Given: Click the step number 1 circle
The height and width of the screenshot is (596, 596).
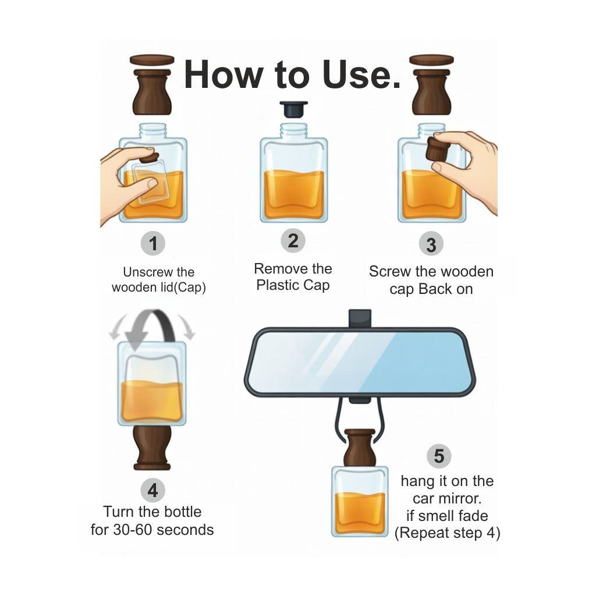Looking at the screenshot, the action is pos(153,243).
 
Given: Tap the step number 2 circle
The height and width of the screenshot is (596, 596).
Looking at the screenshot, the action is pos(293,240).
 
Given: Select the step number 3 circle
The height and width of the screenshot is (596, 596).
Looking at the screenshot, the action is pos(431,244).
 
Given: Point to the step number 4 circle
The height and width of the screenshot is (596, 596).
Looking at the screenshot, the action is pos(153,490).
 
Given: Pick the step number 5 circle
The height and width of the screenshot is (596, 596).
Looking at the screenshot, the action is pos(439,456).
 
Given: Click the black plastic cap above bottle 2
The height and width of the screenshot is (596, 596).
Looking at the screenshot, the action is pos(293,109).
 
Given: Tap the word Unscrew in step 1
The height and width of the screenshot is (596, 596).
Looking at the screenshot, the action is pos(143,272).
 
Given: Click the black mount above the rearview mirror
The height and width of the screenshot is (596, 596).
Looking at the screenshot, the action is pos(360,318).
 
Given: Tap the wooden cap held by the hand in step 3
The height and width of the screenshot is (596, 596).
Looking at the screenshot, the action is pos(438,148).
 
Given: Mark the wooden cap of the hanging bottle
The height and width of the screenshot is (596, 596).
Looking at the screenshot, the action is pos(359,447).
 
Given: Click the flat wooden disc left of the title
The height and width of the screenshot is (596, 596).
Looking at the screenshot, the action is pos(152,60).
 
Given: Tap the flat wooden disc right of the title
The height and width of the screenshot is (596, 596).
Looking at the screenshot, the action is pos(431,60).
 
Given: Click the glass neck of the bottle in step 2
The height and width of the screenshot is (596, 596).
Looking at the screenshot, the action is pos(293,131).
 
